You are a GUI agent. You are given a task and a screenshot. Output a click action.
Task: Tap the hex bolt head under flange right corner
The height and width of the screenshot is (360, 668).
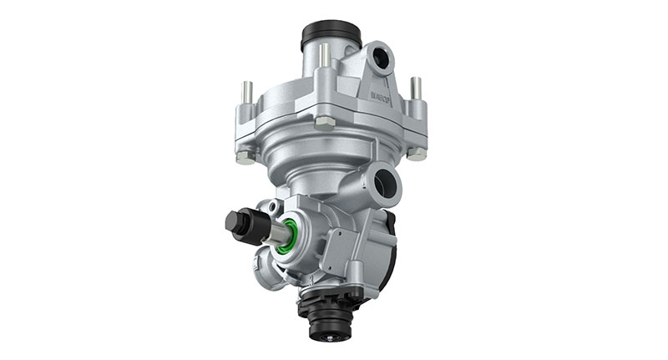click(x=415, y=153)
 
